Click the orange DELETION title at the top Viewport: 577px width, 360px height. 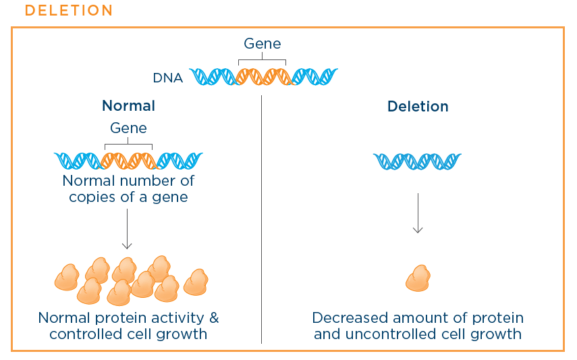(69, 10)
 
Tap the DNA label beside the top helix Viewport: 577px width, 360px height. (168, 78)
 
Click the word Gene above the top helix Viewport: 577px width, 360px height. (263, 43)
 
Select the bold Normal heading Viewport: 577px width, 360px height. (128, 106)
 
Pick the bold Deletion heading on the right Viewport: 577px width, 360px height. (418, 107)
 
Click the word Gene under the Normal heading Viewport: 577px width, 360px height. (128, 128)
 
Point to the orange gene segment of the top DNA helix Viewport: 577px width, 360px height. (263, 76)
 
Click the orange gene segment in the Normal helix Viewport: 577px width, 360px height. (130, 161)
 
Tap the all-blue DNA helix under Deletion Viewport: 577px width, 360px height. (417, 161)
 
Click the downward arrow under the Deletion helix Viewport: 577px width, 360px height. (418, 213)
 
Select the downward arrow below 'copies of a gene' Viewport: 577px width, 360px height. (127, 229)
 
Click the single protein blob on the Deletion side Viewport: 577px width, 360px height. (418, 278)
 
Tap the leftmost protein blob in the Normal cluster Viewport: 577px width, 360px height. (67, 277)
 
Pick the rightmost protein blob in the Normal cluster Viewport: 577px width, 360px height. (196, 282)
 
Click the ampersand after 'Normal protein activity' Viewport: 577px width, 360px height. (214, 317)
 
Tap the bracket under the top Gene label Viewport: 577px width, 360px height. (262, 59)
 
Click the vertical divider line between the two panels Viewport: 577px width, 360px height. (262, 220)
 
